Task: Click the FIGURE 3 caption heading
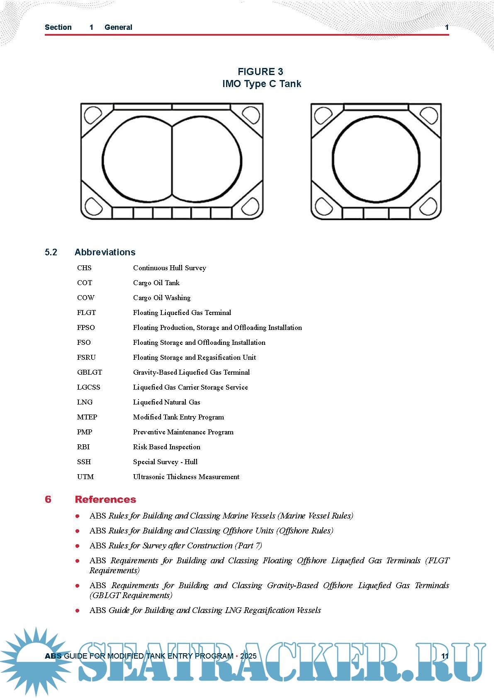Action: coord(260,72)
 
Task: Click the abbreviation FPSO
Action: coord(86,327)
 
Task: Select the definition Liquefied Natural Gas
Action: coord(166,402)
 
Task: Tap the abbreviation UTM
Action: coord(85,477)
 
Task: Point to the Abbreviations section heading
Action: coord(105,252)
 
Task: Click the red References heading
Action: coord(105,499)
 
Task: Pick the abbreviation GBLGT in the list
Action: coord(90,372)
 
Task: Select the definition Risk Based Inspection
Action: coord(166,447)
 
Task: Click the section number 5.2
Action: coord(51,252)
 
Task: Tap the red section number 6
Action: coord(48,499)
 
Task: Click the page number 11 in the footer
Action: coord(445,656)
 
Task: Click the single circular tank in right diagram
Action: coord(376,159)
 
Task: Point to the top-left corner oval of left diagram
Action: coord(92,115)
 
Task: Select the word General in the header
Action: coord(118,27)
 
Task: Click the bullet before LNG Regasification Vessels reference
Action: coord(78,611)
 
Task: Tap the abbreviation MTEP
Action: coord(87,417)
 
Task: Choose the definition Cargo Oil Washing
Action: coord(162,298)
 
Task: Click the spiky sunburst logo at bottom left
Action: coord(35,659)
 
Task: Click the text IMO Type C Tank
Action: coord(262,84)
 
